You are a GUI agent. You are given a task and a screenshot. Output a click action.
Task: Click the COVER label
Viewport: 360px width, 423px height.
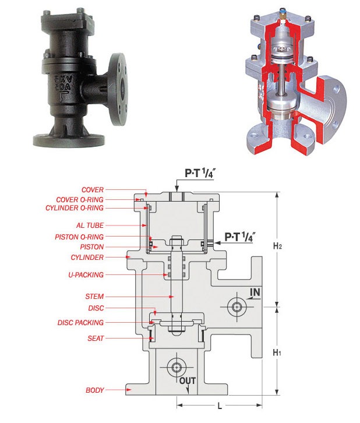[93, 189]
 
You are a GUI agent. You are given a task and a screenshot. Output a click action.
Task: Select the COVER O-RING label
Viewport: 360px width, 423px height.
[80, 200]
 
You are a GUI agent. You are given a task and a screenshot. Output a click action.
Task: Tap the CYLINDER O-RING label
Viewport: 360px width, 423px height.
[75, 208]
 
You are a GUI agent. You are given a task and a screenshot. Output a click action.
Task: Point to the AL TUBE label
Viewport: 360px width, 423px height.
[90, 225]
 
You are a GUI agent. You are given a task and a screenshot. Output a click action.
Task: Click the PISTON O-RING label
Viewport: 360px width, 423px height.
[79, 237]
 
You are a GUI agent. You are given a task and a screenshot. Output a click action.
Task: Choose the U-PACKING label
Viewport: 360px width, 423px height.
[86, 275]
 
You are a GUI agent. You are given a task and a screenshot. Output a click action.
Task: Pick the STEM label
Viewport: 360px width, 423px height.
[94, 297]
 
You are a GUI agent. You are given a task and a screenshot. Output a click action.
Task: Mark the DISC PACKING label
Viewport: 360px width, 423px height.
[80, 323]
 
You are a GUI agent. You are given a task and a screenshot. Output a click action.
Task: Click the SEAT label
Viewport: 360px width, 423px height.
[96, 339]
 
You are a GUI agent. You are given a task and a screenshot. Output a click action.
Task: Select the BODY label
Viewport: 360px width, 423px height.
[94, 390]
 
